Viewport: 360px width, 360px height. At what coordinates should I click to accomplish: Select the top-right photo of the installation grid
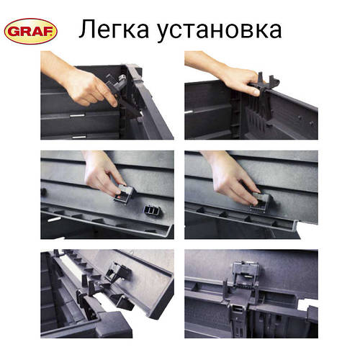[251, 95]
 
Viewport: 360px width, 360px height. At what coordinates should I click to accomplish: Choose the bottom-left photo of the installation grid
[107, 293]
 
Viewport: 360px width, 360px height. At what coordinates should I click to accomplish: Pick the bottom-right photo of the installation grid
[251, 293]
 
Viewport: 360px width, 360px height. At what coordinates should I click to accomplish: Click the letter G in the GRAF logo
[14, 31]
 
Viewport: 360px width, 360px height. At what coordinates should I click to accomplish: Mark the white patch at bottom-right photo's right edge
[312, 314]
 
